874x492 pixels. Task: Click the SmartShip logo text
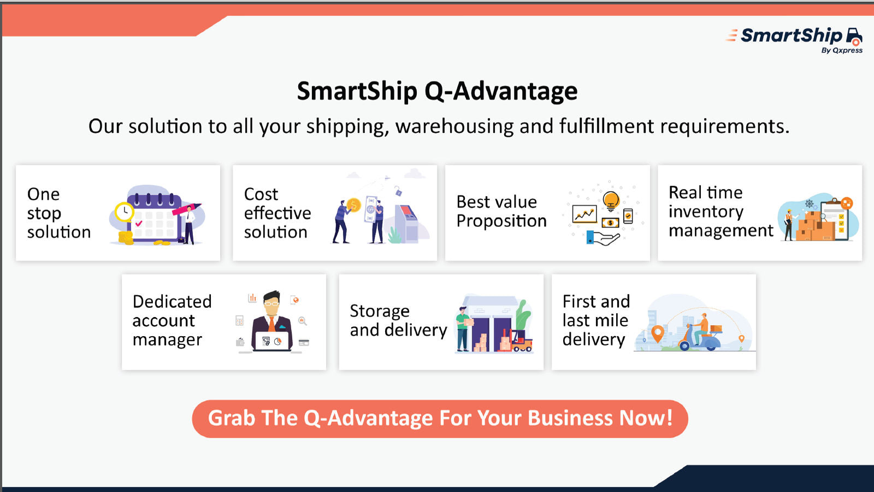[792, 36]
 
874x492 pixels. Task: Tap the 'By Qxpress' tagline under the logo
[842, 50]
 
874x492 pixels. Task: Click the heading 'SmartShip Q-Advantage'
[437, 91]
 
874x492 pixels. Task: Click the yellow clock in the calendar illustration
[124, 212]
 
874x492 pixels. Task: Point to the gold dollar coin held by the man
[353, 204]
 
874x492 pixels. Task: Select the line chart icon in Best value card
[584, 214]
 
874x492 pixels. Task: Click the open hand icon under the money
[603, 238]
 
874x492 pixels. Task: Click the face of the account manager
[271, 306]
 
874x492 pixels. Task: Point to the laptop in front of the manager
[273, 342]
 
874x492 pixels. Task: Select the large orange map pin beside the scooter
[658, 334]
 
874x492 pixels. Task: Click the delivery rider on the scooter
[701, 329]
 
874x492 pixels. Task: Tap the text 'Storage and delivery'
[398, 320]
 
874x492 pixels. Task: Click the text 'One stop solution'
[59, 213]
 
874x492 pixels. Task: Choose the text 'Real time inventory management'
[721, 212]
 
